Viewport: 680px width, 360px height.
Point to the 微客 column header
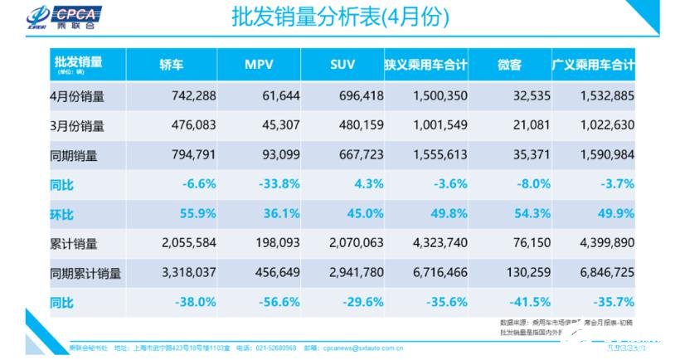point(508,65)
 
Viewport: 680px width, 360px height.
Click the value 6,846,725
point(604,272)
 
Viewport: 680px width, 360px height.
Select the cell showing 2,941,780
point(354,272)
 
